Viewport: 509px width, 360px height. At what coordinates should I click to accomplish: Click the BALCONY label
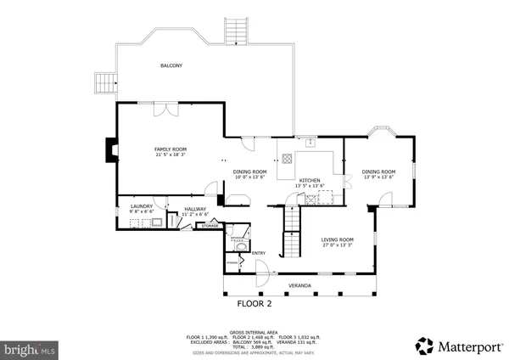[x=172, y=65]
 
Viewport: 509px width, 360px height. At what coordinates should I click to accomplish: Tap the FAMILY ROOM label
[x=170, y=149]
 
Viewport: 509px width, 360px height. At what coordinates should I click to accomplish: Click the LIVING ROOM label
[x=337, y=239]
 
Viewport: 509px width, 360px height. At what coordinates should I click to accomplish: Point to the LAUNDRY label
[x=141, y=206]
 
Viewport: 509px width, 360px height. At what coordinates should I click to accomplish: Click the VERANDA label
[x=299, y=284]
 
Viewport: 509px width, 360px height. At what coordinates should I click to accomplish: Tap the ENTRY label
[x=259, y=252]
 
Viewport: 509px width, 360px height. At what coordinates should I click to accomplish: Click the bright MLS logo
[x=30, y=348]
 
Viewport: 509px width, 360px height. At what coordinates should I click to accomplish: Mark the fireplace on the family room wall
[x=107, y=150]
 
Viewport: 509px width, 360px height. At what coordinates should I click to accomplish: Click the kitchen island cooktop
[x=287, y=158]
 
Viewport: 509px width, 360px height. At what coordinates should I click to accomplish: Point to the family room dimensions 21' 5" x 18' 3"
[x=170, y=155]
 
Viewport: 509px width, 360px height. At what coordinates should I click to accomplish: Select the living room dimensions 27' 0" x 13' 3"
[x=337, y=245]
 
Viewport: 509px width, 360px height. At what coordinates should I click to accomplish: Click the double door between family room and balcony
[x=160, y=109]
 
